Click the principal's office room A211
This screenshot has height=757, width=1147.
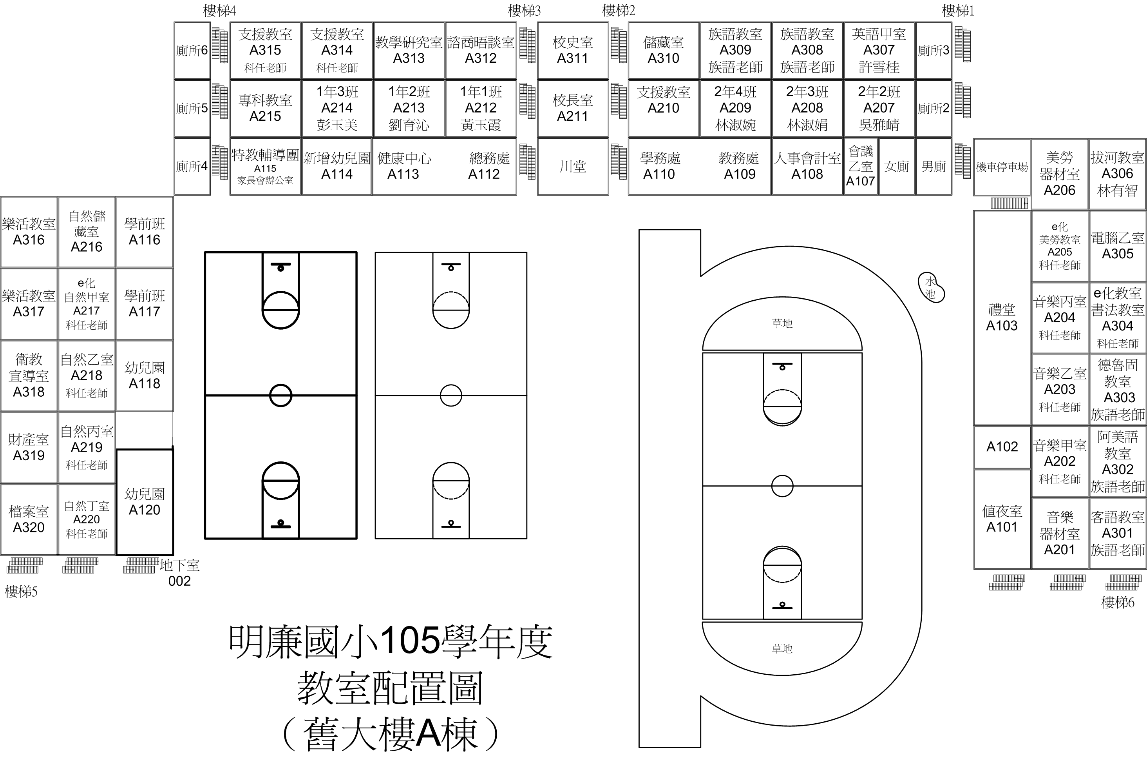[x=573, y=108]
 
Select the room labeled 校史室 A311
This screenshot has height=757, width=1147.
[x=573, y=50]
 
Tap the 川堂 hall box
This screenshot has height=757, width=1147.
[x=573, y=167]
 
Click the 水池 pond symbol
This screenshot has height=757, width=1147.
[x=930, y=288]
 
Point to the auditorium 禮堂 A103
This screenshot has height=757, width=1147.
[x=1002, y=318]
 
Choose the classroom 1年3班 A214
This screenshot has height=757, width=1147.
[x=337, y=108]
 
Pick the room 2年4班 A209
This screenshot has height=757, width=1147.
[x=735, y=108]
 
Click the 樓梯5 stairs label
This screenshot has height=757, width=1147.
[x=21, y=592]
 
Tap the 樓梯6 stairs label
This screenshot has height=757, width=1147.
[x=1118, y=603]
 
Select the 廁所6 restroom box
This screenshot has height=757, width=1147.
[x=192, y=50]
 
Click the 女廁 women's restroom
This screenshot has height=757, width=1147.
[x=897, y=167]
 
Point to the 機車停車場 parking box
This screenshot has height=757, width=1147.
[x=1002, y=167]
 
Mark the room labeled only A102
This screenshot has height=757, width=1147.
[x=1002, y=447]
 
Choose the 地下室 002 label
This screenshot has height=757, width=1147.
[x=179, y=573]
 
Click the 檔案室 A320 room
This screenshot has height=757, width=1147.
[x=29, y=519]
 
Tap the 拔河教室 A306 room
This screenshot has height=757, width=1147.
[x=1117, y=174]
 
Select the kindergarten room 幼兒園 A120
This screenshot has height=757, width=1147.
[x=145, y=502]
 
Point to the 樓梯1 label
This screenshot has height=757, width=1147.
[x=958, y=11]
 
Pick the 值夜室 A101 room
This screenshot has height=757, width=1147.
[x=1002, y=519]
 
